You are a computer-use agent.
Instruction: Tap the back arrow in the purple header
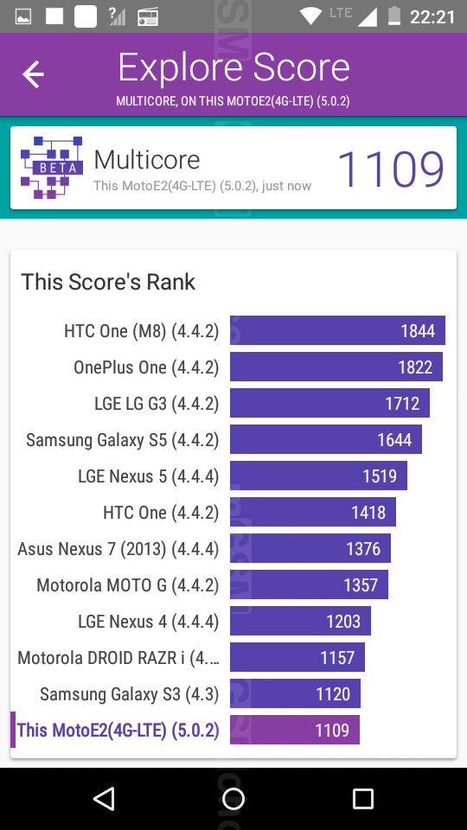click(x=33, y=73)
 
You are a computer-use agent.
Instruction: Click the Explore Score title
click(x=233, y=67)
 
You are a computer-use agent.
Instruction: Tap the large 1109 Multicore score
click(x=391, y=169)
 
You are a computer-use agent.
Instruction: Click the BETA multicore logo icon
click(x=51, y=167)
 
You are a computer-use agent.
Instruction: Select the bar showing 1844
click(x=337, y=330)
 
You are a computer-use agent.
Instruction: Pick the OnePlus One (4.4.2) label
click(x=146, y=367)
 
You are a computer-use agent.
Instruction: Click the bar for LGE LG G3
click(x=329, y=404)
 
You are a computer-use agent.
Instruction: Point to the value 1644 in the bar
click(x=394, y=440)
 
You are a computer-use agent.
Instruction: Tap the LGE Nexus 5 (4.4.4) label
click(x=148, y=476)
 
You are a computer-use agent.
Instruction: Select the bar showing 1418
click(x=313, y=512)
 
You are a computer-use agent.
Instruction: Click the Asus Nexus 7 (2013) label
click(x=118, y=549)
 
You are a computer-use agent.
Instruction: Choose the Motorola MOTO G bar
click(x=309, y=585)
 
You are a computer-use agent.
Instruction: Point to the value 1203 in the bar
click(x=343, y=622)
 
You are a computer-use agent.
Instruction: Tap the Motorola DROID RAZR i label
click(x=118, y=657)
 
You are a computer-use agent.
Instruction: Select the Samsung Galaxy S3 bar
click(x=295, y=693)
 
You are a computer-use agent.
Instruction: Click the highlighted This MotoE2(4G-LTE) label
click(x=118, y=731)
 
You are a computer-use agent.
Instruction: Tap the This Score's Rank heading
click(x=108, y=282)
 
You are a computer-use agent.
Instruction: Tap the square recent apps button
click(x=362, y=798)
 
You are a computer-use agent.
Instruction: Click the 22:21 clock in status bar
click(x=432, y=17)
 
